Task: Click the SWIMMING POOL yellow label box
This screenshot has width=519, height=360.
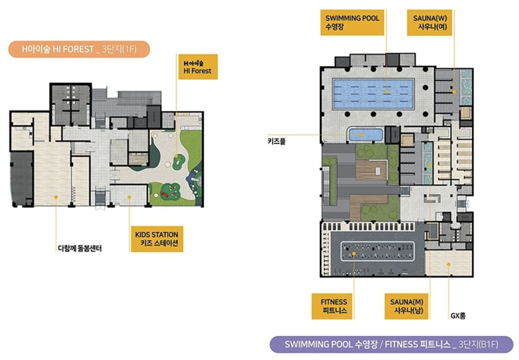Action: [352, 22]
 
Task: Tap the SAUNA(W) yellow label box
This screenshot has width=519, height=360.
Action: [430, 22]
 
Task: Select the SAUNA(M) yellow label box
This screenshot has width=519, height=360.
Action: [406, 306]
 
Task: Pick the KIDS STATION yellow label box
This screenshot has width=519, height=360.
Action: [157, 239]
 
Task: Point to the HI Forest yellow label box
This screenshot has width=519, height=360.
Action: [198, 67]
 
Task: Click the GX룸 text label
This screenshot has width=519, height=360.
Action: [458, 316]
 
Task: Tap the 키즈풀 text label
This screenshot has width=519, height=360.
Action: [276, 141]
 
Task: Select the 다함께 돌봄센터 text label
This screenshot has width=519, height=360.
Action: [79, 248]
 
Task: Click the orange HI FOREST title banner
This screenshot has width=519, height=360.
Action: [79, 49]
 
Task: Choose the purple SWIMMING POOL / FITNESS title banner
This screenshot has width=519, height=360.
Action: [391, 345]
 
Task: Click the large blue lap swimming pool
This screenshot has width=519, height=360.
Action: [373, 94]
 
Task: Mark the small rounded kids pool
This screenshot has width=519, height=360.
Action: [366, 135]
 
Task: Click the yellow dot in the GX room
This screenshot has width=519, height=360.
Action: [449, 264]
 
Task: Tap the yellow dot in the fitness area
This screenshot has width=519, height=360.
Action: [354, 253]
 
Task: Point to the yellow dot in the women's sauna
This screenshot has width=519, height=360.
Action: [454, 91]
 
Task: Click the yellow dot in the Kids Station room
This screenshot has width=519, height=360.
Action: [129, 197]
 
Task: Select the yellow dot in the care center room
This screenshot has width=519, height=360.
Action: [56, 197]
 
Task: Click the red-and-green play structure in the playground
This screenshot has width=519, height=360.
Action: [170, 191]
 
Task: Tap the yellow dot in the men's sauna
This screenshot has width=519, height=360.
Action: [430, 165]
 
